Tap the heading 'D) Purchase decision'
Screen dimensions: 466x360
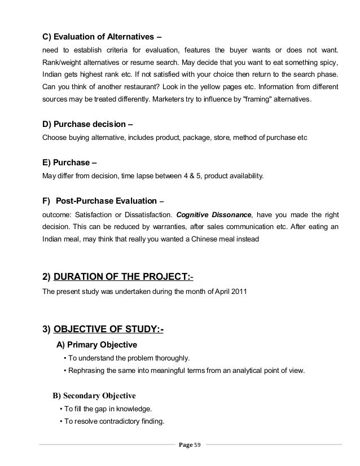pyautogui.click(x=89, y=124)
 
